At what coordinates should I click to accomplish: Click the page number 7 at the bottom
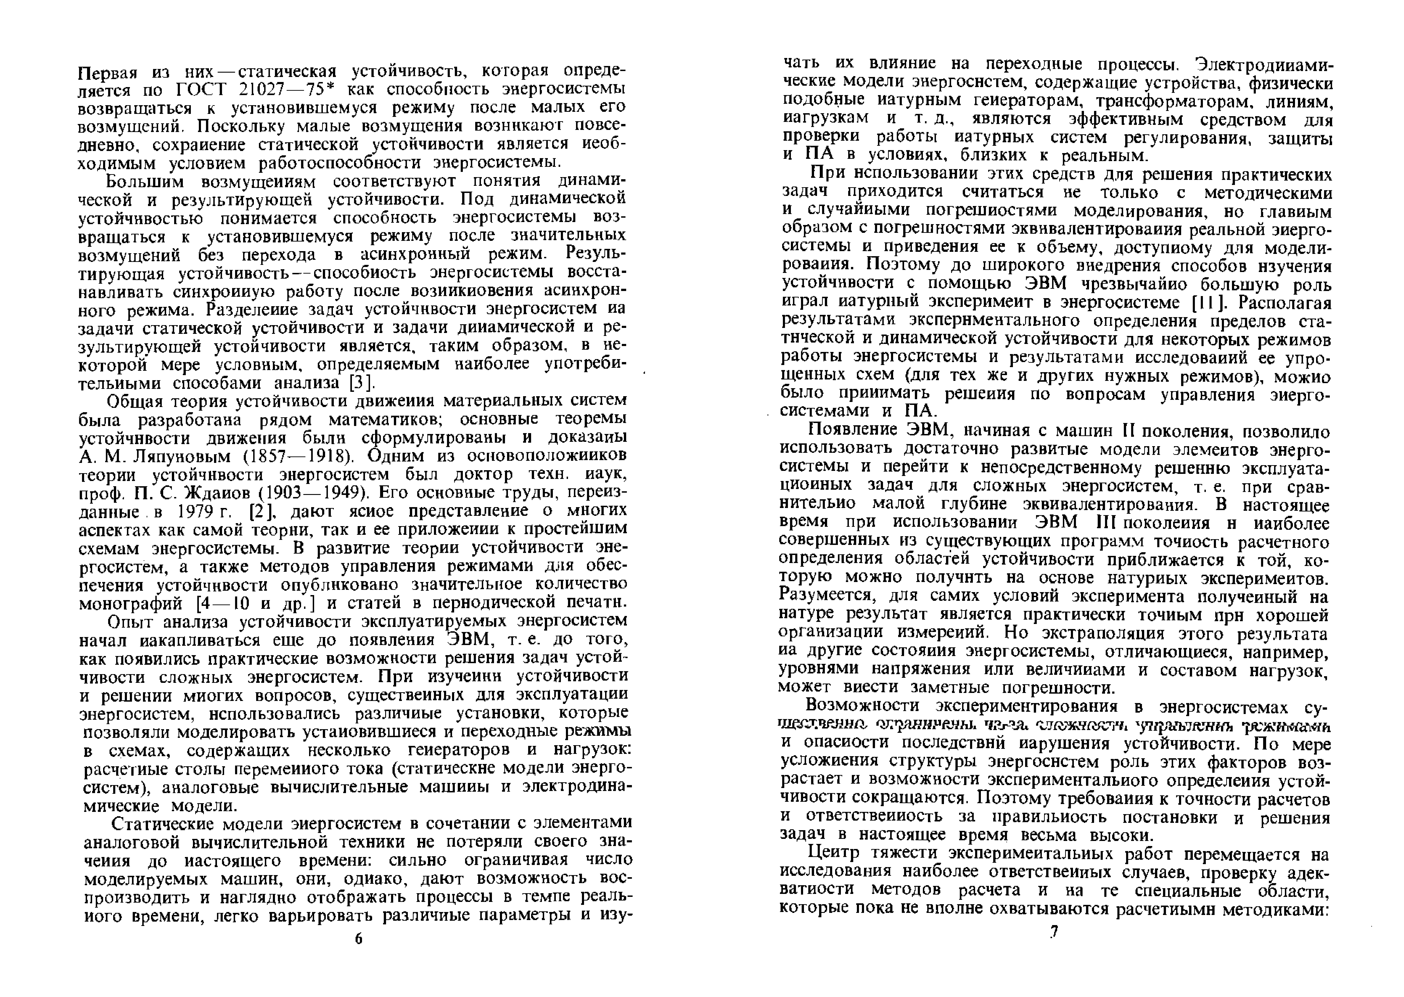pos(1053,932)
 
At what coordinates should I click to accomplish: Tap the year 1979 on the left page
pos(195,511)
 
